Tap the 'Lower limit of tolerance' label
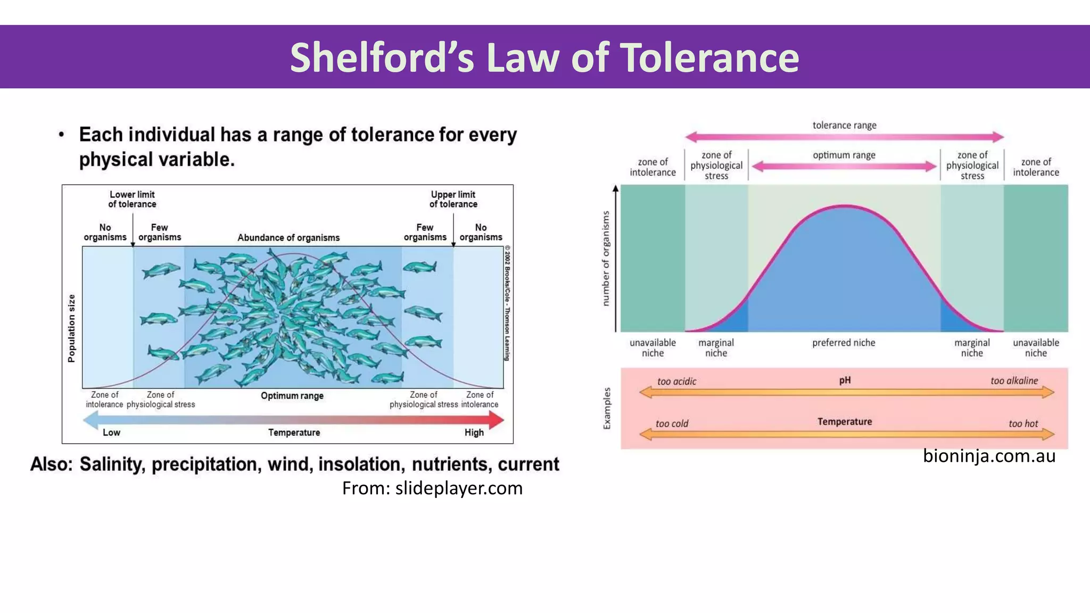pyautogui.click(x=132, y=199)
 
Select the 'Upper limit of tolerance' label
pyautogui.click(x=453, y=199)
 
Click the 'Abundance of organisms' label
pyautogui.click(x=288, y=237)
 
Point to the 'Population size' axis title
pyautogui.click(x=72, y=328)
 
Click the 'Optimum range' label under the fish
pyautogui.click(x=292, y=396)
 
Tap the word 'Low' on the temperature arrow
pyautogui.click(x=111, y=433)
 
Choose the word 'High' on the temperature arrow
pyautogui.click(x=474, y=433)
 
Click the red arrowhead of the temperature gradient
pyautogui.click(x=496, y=420)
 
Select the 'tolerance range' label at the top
pyautogui.click(x=844, y=125)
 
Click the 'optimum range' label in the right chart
pyautogui.click(x=844, y=155)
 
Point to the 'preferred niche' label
pyautogui.click(x=844, y=343)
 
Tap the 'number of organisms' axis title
pyautogui.click(x=606, y=259)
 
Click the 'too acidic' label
pyautogui.click(x=676, y=381)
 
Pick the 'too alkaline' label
pyautogui.click(x=1014, y=380)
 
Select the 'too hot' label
pyautogui.click(x=1023, y=424)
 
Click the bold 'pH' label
pyautogui.click(x=845, y=380)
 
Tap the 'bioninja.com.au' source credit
pyautogui.click(x=989, y=456)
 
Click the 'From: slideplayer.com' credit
pyautogui.click(x=432, y=488)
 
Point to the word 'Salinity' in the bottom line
pyautogui.click(x=112, y=465)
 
